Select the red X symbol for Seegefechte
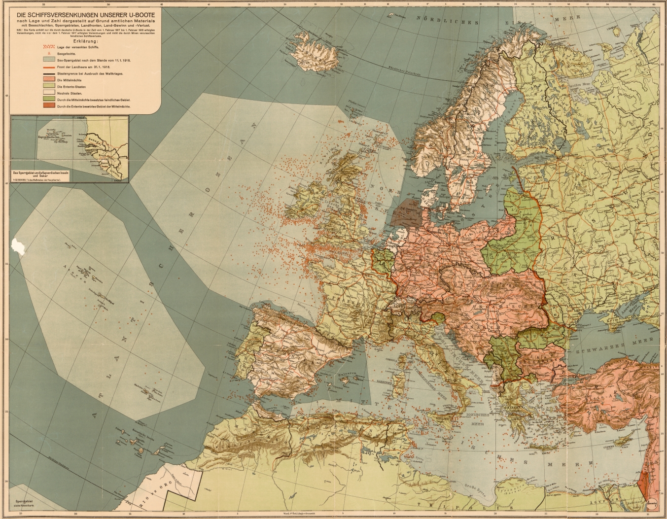(48, 53)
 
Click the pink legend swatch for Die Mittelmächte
(48, 80)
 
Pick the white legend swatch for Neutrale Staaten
(48, 93)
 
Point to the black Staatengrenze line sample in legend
(48, 73)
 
